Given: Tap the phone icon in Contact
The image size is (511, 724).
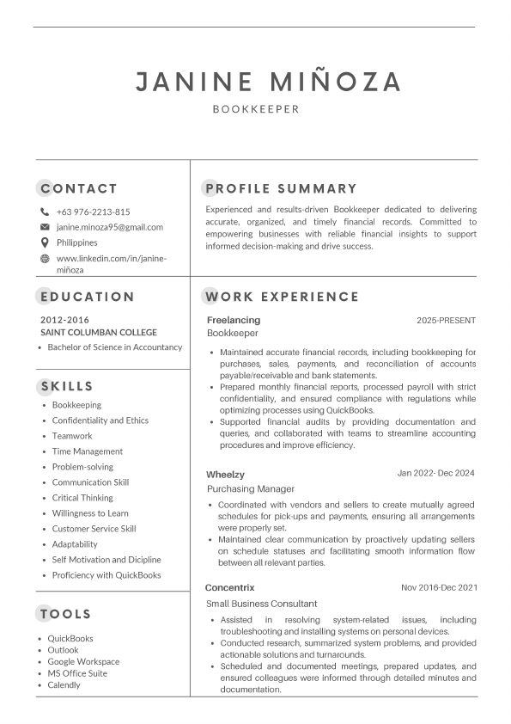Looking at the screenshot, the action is (45, 212).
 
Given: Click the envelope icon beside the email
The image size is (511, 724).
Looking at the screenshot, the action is (45, 227).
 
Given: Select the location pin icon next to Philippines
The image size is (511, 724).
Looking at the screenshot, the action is (45, 242).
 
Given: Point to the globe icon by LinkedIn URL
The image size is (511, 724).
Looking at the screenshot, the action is (45, 258).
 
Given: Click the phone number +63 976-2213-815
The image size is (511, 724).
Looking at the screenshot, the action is (93, 212).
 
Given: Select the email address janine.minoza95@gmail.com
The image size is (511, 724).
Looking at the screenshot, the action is (109, 227).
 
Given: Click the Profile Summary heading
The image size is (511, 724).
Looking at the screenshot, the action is (280, 188).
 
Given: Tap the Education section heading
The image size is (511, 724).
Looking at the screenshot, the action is (87, 297).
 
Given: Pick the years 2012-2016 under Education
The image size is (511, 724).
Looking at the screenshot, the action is (64, 320).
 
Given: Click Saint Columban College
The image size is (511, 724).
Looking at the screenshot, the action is (99, 332).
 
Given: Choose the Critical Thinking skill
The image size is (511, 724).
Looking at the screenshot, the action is (82, 498).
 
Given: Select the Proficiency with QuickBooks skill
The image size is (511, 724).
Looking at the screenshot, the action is (106, 575).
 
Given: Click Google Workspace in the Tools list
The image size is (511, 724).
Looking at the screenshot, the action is (83, 662).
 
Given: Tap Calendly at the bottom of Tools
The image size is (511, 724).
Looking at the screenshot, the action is (64, 685).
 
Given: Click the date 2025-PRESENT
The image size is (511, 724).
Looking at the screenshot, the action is (446, 321).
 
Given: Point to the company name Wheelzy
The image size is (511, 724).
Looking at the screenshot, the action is (225, 474).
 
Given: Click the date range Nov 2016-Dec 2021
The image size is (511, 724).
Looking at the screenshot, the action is (438, 587).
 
